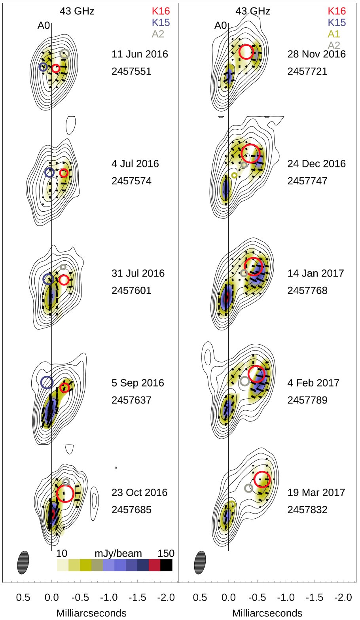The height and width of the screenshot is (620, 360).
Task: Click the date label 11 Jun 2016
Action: [x=140, y=54]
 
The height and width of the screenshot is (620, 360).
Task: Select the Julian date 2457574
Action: [x=131, y=181]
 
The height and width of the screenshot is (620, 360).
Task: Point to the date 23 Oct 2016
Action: [x=139, y=493]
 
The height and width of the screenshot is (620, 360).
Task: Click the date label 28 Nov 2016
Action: [x=316, y=54]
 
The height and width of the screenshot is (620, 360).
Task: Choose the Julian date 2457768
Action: [x=307, y=291]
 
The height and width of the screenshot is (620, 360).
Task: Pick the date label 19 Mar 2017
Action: [x=316, y=493]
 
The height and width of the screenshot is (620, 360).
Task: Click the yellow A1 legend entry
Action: [x=334, y=34]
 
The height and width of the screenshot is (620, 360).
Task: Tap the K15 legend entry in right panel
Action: [x=337, y=23]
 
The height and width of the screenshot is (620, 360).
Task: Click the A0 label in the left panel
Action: [x=44, y=26]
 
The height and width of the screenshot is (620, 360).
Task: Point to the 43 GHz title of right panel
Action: [x=253, y=11]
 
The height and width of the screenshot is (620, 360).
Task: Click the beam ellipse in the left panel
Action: [x=23, y=562]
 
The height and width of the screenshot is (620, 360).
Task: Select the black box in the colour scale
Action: [x=166, y=565]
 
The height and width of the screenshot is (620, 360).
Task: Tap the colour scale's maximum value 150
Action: [x=165, y=553]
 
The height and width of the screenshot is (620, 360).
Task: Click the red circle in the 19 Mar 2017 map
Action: [x=262, y=479]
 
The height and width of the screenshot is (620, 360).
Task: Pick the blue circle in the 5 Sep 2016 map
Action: [x=47, y=382]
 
